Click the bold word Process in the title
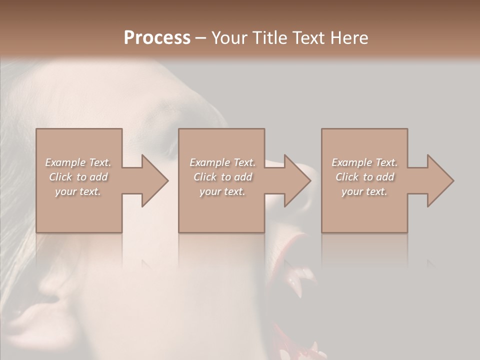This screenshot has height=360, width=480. click(x=157, y=37)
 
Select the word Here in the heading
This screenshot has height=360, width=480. click(x=349, y=37)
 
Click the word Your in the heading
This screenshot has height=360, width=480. click(x=228, y=37)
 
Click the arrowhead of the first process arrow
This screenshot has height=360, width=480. click(x=155, y=180)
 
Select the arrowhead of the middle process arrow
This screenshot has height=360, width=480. click(x=297, y=180)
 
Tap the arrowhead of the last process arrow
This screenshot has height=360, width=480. click(x=440, y=180)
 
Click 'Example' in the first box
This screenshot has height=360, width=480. click(x=66, y=162)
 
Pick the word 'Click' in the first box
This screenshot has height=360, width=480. click(x=61, y=177)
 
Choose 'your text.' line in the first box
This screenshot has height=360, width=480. click(x=78, y=191)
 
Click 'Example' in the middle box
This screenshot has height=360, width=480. click(x=210, y=162)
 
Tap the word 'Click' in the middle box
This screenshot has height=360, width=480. click(x=205, y=177)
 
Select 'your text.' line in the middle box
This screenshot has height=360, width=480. click(x=222, y=191)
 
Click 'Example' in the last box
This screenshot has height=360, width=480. click(x=352, y=162)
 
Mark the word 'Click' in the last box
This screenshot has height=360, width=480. click(x=347, y=177)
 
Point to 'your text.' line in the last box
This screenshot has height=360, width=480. click(x=364, y=191)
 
